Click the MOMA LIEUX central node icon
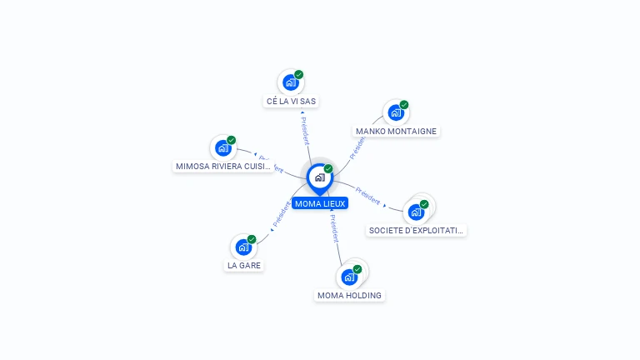319,177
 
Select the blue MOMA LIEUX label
320,203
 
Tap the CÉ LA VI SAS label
291,101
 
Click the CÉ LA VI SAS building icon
290,82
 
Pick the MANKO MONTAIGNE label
396,131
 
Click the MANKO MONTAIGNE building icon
395,112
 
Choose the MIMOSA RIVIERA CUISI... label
223,166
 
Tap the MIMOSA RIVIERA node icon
222,148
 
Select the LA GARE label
243,265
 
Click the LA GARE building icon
242,247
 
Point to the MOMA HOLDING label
349,295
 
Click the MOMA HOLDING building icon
348,277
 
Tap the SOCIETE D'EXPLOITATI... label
416,230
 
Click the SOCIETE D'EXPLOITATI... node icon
416,212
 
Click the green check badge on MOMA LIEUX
328,168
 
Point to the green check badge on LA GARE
252,239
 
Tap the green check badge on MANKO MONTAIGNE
404,105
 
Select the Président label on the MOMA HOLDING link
334,228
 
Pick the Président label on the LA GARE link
280,214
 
